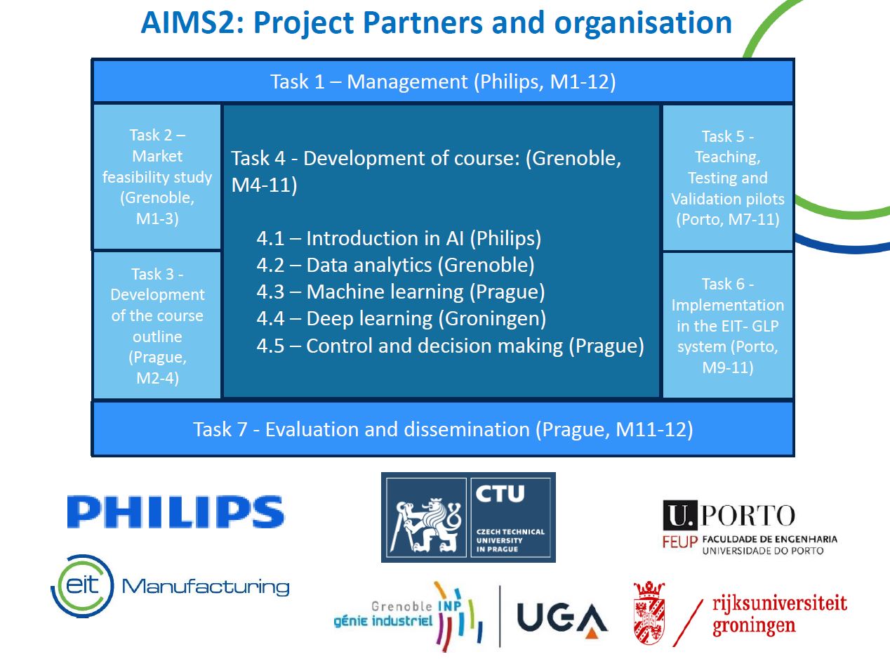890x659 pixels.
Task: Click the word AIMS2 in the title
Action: (x=192, y=23)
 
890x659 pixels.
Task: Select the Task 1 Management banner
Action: (x=443, y=81)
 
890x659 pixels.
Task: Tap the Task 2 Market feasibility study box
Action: (x=157, y=177)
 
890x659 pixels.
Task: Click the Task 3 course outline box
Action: (x=157, y=325)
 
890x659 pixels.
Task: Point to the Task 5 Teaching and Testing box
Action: (x=727, y=178)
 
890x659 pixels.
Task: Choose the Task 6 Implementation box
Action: (x=727, y=325)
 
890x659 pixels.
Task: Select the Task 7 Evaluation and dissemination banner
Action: (x=443, y=429)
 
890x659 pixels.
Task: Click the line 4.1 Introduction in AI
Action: (x=399, y=238)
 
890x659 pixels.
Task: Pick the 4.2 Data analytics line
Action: (x=395, y=265)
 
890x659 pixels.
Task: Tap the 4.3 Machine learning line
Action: (x=401, y=292)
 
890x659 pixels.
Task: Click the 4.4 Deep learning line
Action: (x=401, y=319)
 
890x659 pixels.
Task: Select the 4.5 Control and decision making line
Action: (x=450, y=346)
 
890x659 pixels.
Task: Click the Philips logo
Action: (x=175, y=511)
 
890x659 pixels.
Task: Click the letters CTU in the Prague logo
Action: (x=500, y=494)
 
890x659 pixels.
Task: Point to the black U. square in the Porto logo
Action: (x=679, y=515)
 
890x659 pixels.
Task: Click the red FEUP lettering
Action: (x=680, y=542)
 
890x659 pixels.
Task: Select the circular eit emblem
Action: (x=82, y=586)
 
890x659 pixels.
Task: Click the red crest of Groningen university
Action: (x=649, y=613)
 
